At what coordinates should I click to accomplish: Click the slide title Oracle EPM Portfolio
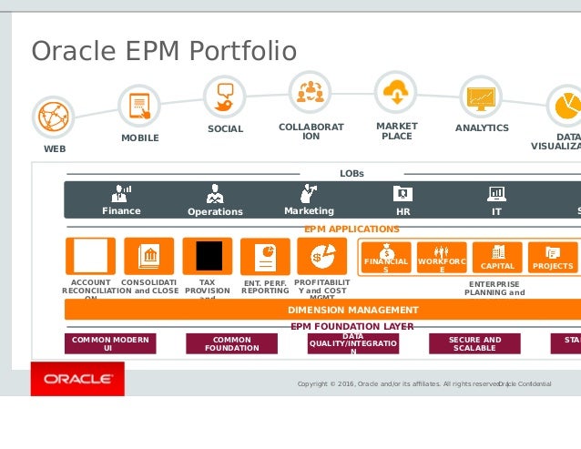(164, 50)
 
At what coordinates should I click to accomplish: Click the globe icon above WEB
(53, 117)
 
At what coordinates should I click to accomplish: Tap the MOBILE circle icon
(139, 105)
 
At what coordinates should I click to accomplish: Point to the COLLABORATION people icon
(311, 91)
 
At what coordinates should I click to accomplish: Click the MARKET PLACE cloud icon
(396, 91)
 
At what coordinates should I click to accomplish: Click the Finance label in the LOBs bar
(121, 211)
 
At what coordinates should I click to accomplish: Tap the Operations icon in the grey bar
(215, 194)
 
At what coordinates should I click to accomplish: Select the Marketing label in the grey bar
(309, 211)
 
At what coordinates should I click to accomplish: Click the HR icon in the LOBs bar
(403, 193)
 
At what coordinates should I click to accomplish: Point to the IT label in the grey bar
(496, 211)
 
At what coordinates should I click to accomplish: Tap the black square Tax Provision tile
(209, 256)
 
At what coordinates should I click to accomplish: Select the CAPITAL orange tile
(497, 257)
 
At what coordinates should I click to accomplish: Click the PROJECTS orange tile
(553, 257)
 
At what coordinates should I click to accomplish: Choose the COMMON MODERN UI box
(110, 342)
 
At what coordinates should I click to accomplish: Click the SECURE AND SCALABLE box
(474, 342)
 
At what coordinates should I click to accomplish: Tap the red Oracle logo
(77, 378)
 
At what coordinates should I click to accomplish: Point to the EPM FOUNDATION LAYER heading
(352, 326)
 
